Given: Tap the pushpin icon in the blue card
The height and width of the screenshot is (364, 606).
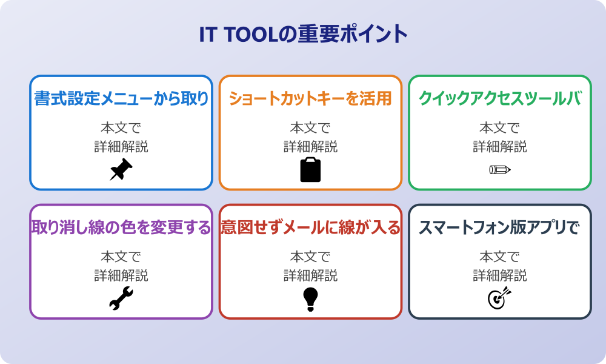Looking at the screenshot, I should pyautogui.click(x=121, y=170).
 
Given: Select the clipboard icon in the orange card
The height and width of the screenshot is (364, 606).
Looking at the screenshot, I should pyautogui.click(x=310, y=170).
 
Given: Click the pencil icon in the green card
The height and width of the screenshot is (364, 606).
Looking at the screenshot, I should pyautogui.click(x=499, y=169).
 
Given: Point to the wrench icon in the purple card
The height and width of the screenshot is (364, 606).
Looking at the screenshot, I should pyautogui.click(x=121, y=298).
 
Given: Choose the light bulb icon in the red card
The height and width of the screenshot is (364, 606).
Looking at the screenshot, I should pyautogui.click(x=310, y=299).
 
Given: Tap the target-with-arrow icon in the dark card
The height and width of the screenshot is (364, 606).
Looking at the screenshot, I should pyautogui.click(x=499, y=298).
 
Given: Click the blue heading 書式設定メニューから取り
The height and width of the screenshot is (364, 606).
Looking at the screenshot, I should pyautogui.click(x=121, y=98).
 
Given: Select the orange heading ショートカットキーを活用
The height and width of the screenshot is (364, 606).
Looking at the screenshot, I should pyautogui.click(x=310, y=98).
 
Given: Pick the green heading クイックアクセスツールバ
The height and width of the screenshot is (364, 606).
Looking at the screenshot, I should pyautogui.click(x=499, y=98).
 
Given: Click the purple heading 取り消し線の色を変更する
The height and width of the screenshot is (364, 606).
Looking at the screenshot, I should pyautogui.click(x=121, y=227).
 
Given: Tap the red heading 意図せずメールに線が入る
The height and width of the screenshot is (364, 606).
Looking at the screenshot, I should pyautogui.click(x=310, y=227).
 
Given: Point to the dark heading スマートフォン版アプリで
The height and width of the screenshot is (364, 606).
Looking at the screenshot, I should pyautogui.click(x=499, y=227).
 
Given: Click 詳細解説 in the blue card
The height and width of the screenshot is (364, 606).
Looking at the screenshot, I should pyautogui.click(x=121, y=146).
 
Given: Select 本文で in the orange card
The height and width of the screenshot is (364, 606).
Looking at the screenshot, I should pyautogui.click(x=310, y=128).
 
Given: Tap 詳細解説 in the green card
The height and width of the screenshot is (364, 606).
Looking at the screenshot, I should pyautogui.click(x=499, y=146).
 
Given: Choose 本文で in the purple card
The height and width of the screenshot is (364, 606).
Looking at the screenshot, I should pyautogui.click(x=121, y=257).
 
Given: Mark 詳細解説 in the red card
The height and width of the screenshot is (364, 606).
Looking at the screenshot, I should pyautogui.click(x=310, y=275).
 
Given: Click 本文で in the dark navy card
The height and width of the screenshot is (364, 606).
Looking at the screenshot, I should pyautogui.click(x=499, y=257).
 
